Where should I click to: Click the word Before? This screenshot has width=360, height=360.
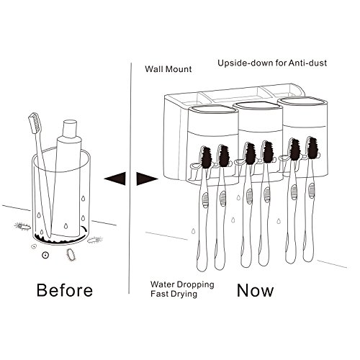pos(65,290)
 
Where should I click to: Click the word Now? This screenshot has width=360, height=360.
pos(255,290)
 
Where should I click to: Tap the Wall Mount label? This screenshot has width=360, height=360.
pos(168,69)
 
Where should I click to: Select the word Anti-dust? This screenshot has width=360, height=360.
pos(307,63)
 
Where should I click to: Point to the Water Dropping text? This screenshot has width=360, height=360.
pos(182,284)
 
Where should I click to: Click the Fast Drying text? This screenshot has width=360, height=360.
pos(174,294)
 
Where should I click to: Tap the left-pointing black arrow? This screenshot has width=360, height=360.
pos(115,179)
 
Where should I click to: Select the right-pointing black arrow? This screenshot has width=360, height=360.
pos(147,179)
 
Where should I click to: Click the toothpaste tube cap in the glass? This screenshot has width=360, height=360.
pos(70,129)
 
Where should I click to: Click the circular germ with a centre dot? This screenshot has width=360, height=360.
pos(45,255)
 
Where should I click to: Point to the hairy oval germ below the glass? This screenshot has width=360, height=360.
pos(71,254)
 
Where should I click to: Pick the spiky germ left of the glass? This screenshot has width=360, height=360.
pos(23,226)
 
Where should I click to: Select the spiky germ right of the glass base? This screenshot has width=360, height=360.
pos(95,240)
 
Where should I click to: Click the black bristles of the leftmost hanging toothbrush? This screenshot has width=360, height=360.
pos(206,158)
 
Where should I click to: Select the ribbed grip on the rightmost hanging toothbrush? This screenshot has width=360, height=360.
pos(312,191)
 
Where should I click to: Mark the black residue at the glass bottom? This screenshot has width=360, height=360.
pos(60,238)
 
